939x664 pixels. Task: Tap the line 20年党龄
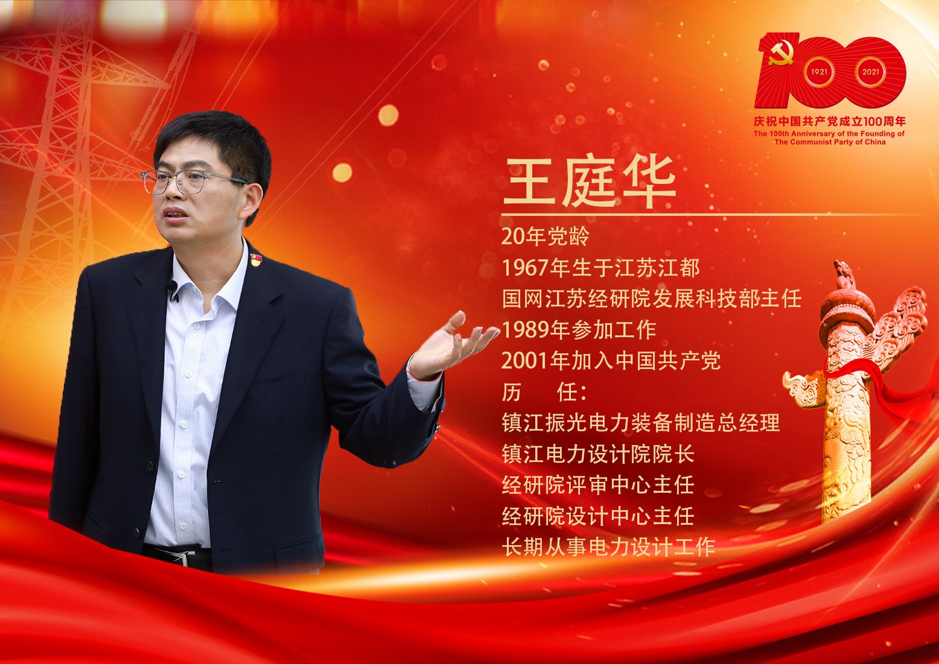tap(545, 237)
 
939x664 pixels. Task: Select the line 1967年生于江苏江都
tap(600, 268)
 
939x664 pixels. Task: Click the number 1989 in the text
tap(525, 330)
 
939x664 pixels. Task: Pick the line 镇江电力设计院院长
tap(598, 454)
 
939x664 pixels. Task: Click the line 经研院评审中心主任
tap(598, 485)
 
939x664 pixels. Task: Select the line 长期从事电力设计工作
tap(608, 547)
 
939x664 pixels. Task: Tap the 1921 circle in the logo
tap(819, 72)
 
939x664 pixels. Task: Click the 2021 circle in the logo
tap(870, 72)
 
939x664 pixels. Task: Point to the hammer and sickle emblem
tap(781, 53)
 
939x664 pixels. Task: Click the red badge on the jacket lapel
tap(256, 260)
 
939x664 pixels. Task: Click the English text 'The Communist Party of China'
tap(830, 142)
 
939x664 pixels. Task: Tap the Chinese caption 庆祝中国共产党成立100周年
tap(830, 121)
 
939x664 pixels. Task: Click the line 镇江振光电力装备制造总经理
tap(640, 423)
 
